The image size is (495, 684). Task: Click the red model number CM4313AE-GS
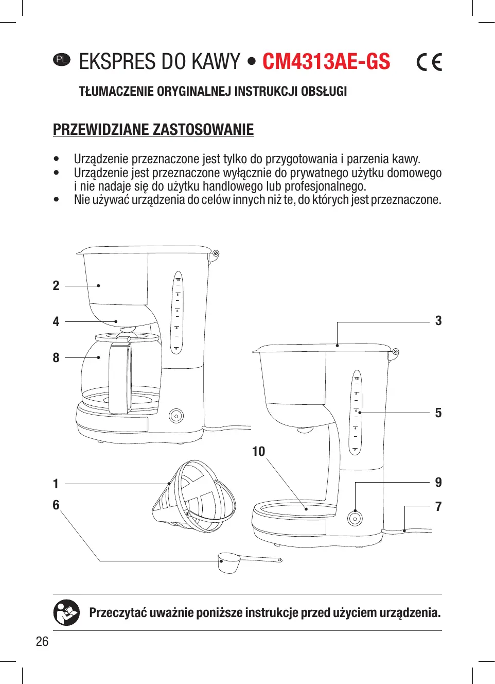[326, 62]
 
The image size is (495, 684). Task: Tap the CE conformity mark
[429, 62]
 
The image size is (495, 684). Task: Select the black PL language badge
[61, 59]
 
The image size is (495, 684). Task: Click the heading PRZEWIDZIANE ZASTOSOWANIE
[153, 129]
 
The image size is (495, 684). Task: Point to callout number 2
[56, 286]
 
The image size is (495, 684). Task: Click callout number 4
[56, 322]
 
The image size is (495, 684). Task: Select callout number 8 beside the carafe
[56, 357]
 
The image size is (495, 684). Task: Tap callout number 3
[438, 321]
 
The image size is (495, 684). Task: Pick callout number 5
[438, 413]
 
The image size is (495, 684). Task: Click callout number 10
[258, 452]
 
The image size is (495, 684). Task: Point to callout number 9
[438, 483]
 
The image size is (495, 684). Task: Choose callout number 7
[438, 507]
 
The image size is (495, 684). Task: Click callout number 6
[56, 505]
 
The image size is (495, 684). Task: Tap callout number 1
[56, 484]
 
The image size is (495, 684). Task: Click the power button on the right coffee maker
[355, 519]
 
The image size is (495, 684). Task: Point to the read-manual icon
[66, 613]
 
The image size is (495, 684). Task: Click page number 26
[42, 641]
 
